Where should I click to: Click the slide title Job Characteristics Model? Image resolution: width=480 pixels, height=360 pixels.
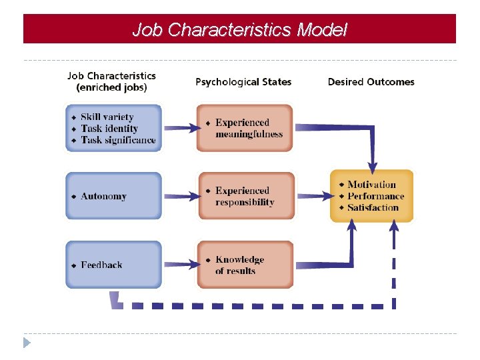click(239, 30)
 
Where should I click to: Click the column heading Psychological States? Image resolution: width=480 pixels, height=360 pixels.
click(243, 82)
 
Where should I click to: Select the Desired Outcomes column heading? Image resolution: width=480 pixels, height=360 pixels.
click(371, 82)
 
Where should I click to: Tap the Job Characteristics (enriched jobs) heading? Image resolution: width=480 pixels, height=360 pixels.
click(111, 81)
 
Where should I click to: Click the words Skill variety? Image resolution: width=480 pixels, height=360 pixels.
click(107, 117)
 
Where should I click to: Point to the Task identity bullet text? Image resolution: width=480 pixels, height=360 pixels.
click(109, 129)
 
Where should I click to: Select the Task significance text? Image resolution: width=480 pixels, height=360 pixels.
click(118, 140)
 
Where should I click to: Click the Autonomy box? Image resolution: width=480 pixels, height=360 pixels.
click(113, 196)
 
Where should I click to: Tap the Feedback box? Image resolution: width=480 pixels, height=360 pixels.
click(113, 265)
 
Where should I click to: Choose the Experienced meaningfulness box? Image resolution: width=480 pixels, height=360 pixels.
click(245, 128)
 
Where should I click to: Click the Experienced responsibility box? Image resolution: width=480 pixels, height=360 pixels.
click(245, 196)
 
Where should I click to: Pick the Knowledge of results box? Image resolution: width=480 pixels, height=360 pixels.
click(245, 265)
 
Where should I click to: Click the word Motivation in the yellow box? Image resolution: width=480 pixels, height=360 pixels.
click(371, 185)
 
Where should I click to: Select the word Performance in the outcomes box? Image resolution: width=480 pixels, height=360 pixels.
click(375, 196)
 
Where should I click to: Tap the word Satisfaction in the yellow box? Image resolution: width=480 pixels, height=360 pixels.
click(373, 207)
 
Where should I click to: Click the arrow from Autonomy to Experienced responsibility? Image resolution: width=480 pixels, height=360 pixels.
click(181, 196)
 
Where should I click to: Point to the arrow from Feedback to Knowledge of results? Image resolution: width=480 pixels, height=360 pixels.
click(181, 265)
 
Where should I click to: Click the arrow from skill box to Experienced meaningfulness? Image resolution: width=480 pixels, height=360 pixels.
click(179, 128)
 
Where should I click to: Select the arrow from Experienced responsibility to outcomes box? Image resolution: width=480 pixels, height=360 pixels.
click(313, 196)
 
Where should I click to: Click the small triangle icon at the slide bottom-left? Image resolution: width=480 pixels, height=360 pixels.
click(27, 343)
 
